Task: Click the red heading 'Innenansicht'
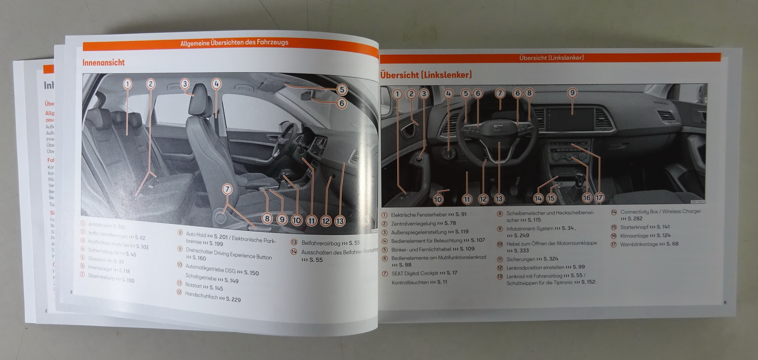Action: (104, 62)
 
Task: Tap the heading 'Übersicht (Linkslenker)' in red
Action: (426, 75)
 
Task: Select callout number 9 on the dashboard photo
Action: (572, 93)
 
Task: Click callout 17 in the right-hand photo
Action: (599, 198)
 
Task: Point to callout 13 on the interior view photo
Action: (340, 221)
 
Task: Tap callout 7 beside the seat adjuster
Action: (227, 189)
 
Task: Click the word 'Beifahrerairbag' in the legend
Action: (321, 243)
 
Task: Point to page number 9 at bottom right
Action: (725, 302)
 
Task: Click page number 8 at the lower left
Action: (71, 292)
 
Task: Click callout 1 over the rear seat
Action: (127, 84)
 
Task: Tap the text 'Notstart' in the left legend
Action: (194, 285)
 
